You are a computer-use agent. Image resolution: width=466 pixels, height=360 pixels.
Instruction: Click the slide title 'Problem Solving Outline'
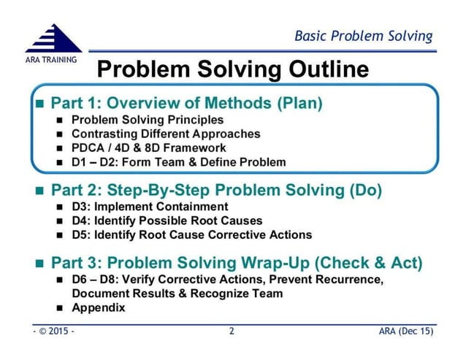click(x=232, y=71)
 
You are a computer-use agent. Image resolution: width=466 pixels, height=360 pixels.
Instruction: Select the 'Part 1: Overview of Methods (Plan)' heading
click(x=186, y=103)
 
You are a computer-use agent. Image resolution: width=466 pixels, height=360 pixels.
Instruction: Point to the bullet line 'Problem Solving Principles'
click(x=148, y=120)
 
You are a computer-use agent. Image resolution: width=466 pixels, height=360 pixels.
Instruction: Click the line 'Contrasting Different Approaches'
click(x=166, y=134)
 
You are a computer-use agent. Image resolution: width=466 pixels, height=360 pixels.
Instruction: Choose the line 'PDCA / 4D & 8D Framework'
click(x=149, y=148)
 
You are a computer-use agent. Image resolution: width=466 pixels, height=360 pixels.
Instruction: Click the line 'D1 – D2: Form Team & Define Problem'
click(x=179, y=161)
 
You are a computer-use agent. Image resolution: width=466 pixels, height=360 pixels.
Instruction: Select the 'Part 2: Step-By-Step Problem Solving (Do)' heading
click(x=215, y=192)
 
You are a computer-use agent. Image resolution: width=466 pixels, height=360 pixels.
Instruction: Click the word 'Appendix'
click(x=99, y=307)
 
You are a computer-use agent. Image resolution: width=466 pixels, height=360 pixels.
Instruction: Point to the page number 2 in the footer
click(x=232, y=333)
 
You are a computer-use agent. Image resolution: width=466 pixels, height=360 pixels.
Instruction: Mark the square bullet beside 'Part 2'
click(x=40, y=193)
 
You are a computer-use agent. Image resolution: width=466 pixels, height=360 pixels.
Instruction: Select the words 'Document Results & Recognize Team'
click(x=177, y=294)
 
